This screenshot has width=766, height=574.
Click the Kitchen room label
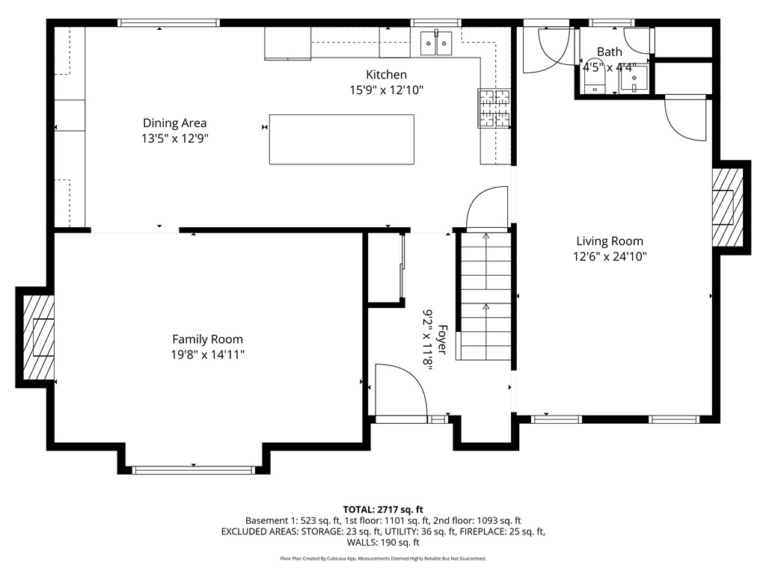click(x=386, y=75)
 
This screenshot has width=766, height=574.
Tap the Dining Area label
click(x=174, y=123)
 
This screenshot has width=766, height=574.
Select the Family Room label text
click(x=207, y=339)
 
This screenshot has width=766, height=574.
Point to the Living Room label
click(x=609, y=241)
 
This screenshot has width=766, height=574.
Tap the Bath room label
click(x=609, y=52)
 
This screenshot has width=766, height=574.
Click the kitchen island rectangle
click(x=341, y=139)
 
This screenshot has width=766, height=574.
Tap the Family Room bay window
click(x=193, y=469)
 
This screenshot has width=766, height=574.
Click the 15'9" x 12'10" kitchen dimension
click(x=386, y=90)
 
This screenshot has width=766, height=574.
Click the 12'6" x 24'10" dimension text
click(x=609, y=256)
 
